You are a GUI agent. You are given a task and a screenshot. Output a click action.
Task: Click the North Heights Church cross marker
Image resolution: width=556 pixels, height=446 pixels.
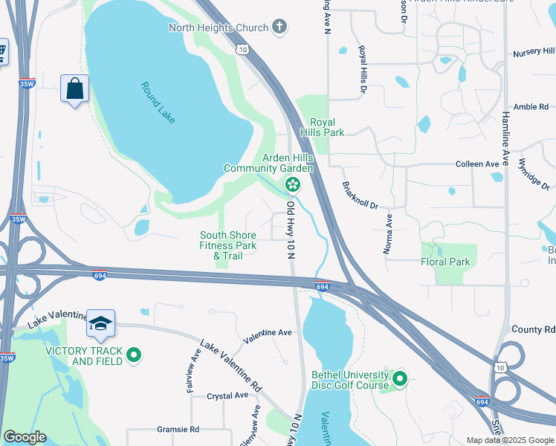(x=279, y=28)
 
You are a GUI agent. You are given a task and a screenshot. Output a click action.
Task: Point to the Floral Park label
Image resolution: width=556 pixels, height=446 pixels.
(x=445, y=262)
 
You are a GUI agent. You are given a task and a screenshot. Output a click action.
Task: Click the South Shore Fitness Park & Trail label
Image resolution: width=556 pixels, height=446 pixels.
(x=228, y=245)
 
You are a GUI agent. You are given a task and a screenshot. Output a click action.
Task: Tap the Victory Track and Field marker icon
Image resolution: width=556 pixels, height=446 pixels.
(x=134, y=356)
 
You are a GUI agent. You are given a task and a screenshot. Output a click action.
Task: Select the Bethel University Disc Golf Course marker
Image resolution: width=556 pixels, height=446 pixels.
(x=400, y=380)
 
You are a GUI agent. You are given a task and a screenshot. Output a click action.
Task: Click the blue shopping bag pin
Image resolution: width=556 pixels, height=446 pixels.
(x=74, y=89)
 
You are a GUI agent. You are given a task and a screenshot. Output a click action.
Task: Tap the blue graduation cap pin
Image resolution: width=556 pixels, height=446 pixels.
(x=100, y=323)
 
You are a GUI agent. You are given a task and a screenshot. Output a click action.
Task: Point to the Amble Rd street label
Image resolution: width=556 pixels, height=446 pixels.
(x=531, y=107)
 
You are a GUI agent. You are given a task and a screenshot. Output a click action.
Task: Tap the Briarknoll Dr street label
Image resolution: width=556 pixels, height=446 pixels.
(x=361, y=195)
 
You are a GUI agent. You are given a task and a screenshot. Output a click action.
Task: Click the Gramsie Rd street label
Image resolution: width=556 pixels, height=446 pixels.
(x=178, y=430)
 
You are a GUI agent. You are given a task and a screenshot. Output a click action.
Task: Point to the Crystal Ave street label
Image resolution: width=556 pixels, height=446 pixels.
(x=226, y=396)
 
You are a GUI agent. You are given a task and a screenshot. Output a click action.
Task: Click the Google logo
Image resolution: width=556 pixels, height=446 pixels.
(x=25, y=437)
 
